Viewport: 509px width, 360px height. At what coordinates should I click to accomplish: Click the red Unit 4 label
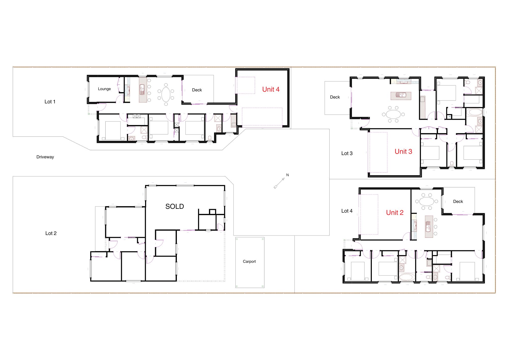(271, 89)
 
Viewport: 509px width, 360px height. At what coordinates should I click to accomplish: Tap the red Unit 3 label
(403, 151)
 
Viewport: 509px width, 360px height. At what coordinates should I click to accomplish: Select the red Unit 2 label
(395, 213)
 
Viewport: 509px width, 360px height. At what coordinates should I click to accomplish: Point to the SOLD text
(175, 206)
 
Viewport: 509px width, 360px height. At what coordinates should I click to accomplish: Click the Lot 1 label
(50, 102)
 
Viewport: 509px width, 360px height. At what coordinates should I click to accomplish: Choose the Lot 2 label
(51, 233)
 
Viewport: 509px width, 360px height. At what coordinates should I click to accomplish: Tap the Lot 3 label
(347, 153)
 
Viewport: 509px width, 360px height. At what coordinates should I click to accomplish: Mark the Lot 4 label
(347, 211)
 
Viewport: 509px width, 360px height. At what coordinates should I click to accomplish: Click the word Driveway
(45, 157)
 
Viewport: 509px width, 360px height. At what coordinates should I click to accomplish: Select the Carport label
(249, 261)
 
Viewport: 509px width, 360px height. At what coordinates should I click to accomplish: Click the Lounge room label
(104, 89)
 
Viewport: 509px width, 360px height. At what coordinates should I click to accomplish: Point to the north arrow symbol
(279, 183)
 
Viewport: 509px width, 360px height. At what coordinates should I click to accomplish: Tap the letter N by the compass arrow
(288, 175)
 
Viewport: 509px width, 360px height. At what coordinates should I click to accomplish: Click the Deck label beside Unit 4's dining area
(197, 90)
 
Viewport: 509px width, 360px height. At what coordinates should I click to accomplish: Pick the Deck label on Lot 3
(335, 97)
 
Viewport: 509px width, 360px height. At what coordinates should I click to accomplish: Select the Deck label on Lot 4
(458, 201)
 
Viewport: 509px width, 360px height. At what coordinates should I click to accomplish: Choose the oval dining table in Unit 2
(427, 201)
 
